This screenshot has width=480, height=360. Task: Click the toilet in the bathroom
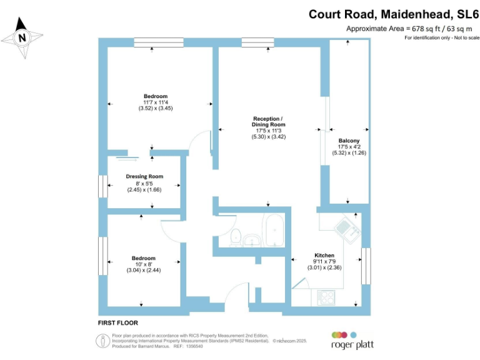236,236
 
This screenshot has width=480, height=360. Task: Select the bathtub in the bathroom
274,231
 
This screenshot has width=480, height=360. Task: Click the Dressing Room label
144,176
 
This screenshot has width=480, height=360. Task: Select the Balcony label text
349,141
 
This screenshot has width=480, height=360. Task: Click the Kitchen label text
324,256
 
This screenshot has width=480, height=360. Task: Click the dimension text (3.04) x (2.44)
144,270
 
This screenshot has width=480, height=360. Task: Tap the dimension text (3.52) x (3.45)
156,108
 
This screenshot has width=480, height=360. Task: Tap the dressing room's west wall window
102,186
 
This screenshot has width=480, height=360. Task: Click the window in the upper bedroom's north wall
158,42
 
